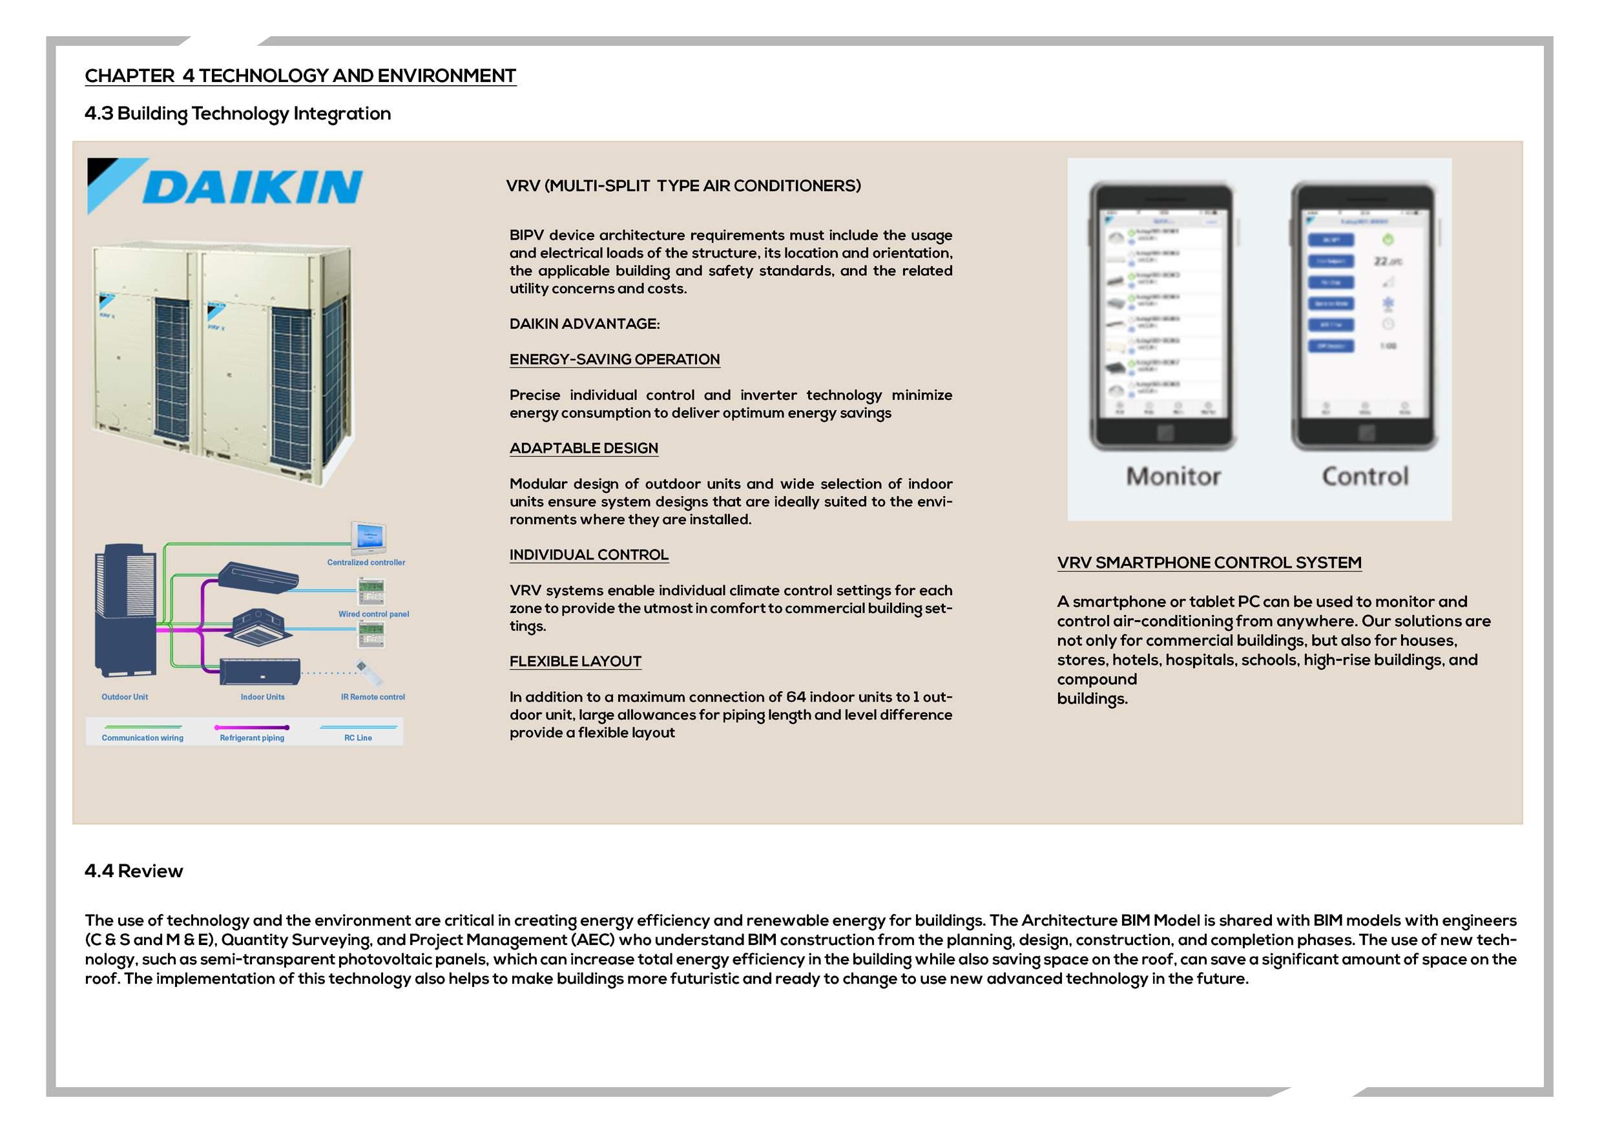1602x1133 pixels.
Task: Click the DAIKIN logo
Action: point(225,186)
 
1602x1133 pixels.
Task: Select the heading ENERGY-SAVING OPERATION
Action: point(614,359)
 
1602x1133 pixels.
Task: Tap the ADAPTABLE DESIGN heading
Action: point(583,448)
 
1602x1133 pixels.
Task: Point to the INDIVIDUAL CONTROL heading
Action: point(588,555)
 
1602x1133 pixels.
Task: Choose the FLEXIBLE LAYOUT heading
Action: point(575,661)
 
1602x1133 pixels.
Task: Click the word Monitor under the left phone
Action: point(1173,477)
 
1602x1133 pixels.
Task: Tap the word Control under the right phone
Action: point(1365,477)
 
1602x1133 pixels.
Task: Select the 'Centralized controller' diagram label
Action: point(366,563)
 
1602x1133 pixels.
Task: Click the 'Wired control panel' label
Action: point(373,614)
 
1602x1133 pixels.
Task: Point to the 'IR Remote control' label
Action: point(373,697)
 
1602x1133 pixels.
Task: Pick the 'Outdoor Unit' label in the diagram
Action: point(125,697)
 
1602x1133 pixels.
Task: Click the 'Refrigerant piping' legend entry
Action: point(252,738)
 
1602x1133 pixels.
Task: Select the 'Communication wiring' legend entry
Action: point(142,738)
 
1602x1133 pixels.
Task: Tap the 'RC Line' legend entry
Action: point(358,738)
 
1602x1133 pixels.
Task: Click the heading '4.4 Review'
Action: point(133,871)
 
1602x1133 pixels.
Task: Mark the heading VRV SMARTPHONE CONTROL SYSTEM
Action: point(1209,563)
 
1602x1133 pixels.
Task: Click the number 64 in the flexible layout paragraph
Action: point(795,697)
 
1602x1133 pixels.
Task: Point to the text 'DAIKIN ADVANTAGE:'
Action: point(584,324)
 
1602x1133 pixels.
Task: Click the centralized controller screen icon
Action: point(368,537)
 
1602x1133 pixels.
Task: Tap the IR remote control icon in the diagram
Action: point(369,672)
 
